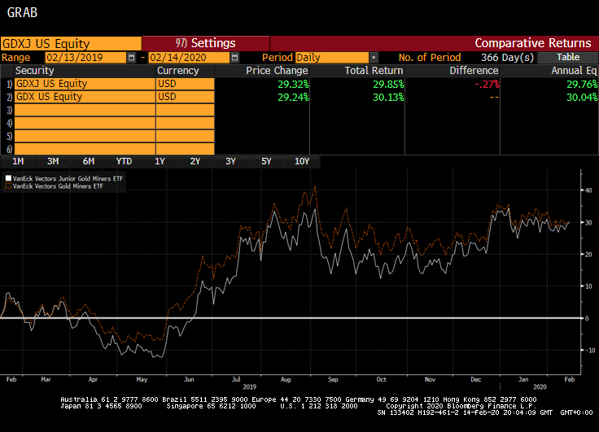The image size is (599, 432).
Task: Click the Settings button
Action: click(x=205, y=43)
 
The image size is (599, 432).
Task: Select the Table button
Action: click(x=568, y=57)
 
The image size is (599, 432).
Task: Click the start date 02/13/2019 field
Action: click(x=85, y=58)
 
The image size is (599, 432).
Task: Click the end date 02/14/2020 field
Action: click(x=187, y=58)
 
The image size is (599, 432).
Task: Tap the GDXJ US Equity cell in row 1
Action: click(x=85, y=84)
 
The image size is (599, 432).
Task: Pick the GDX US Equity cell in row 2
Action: click(x=85, y=97)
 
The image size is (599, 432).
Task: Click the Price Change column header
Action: click(x=277, y=71)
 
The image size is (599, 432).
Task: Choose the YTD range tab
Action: click(x=124, y=161)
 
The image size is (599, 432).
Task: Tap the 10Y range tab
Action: click(x=302, y=161)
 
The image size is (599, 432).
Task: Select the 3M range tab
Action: click(x=53, y=161)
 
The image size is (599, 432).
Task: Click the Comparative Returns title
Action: click(x=532, y=43)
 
